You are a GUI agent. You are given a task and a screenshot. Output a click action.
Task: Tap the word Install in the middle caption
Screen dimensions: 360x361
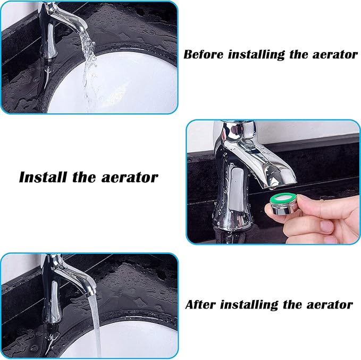(x=41, y=177)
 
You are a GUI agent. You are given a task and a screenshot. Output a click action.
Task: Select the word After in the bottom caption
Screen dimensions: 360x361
(x=201, y=305)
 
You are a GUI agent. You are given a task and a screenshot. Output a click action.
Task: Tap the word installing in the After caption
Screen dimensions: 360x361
(x=249, y=305)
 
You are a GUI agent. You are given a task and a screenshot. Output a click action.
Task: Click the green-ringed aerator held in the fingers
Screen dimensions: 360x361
(x=284, y=204)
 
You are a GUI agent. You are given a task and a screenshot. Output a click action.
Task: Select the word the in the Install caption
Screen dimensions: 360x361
(x=85, y=177)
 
